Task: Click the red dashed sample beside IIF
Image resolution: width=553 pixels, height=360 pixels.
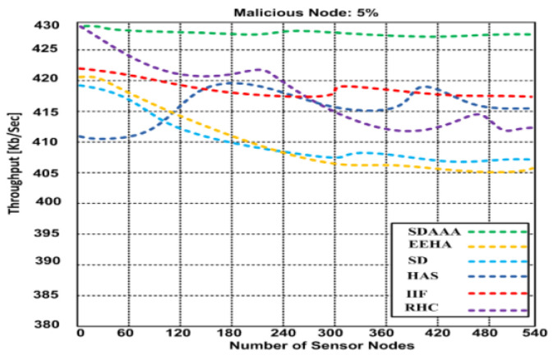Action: coord(498,293)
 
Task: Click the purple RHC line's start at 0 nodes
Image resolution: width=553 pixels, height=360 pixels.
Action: coord(80,25)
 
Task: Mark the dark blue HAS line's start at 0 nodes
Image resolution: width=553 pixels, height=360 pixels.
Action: coord(80,136)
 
